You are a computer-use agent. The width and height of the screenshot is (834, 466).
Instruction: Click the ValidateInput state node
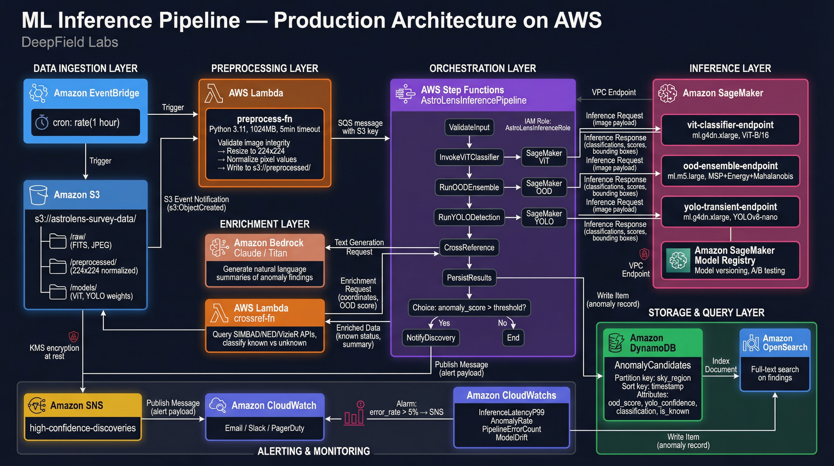click(469, 127)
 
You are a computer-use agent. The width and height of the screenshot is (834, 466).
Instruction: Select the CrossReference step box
click(469, 248)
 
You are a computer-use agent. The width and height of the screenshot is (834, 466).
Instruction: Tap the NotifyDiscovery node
click(431, 338)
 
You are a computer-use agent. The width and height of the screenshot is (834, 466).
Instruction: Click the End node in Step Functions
click(513, 338)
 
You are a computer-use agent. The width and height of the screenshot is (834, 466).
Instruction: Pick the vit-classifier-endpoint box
click(730, 130)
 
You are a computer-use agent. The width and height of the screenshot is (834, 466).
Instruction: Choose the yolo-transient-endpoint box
click(730, 211)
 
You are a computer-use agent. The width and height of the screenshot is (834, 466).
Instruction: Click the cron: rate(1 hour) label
click(86, 123)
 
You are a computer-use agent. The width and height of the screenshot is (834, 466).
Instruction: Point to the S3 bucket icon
click(38, 195)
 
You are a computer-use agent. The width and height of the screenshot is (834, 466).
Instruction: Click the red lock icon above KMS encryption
click(74, 336)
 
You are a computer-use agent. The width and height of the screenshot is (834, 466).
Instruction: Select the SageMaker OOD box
click(544, 187)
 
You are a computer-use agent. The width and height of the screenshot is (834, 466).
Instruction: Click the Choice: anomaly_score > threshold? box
click(469, 308)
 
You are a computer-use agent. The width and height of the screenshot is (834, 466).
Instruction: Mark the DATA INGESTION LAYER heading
click(85, 68)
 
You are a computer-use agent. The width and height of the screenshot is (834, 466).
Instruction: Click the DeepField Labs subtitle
click(70, 42)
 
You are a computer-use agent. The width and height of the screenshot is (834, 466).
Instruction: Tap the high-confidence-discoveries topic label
click(82, 428)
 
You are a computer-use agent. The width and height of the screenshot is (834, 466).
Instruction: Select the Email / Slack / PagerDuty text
click(265, 428)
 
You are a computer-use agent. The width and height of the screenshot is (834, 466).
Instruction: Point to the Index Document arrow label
click(720, 365)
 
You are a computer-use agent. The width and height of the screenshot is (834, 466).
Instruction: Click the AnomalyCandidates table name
click(652, 365)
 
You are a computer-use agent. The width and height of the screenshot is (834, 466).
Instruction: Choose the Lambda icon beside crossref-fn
click(219, 313)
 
